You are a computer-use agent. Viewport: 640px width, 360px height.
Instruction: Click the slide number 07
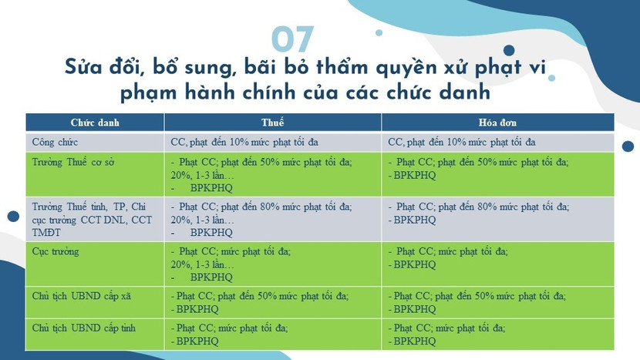[x=293, y=39]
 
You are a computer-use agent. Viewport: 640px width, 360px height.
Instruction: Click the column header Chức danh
[x=95, y=123]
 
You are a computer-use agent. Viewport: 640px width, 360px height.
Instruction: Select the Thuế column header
[x=273, y=123]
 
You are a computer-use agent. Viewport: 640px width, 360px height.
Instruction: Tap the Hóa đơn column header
[x=497, y=123]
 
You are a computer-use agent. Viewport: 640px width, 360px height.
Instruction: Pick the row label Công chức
[x=56, y=143]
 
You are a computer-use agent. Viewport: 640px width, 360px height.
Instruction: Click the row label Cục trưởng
[x=56, y=251]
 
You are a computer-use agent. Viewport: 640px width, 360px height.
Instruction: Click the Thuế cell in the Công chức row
[x=255, y=143]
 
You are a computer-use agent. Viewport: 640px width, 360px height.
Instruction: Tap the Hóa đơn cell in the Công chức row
[x=473, y=143]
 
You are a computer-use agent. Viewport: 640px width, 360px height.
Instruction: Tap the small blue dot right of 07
[x=379, y=33]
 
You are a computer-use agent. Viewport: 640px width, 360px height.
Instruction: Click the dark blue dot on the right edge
[x=628, y=146]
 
